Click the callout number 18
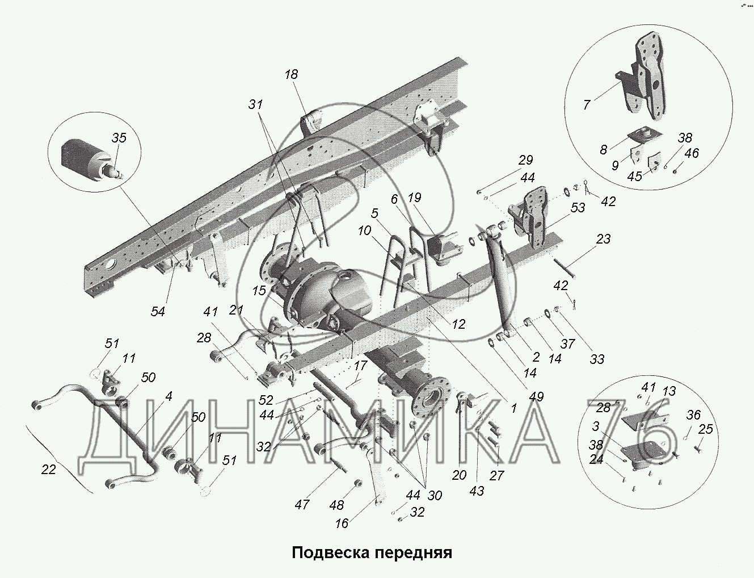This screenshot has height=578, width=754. [292, 74]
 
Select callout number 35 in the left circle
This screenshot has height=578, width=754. [119, 138]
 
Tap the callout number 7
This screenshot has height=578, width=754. [587, 104]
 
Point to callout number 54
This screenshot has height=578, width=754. [158, 311]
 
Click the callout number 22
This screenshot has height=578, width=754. [49, 470]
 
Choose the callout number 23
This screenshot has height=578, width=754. [603, 239]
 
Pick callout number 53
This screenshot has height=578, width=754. [578, 207]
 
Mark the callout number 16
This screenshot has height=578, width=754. [342, 523]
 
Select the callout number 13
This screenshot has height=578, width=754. [669, 391]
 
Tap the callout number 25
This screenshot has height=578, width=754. [705, 430]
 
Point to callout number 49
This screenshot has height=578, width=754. [536, 397]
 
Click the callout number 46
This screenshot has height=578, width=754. [692, 153]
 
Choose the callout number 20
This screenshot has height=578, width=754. [459, 475]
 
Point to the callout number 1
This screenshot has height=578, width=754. [513, 408]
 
